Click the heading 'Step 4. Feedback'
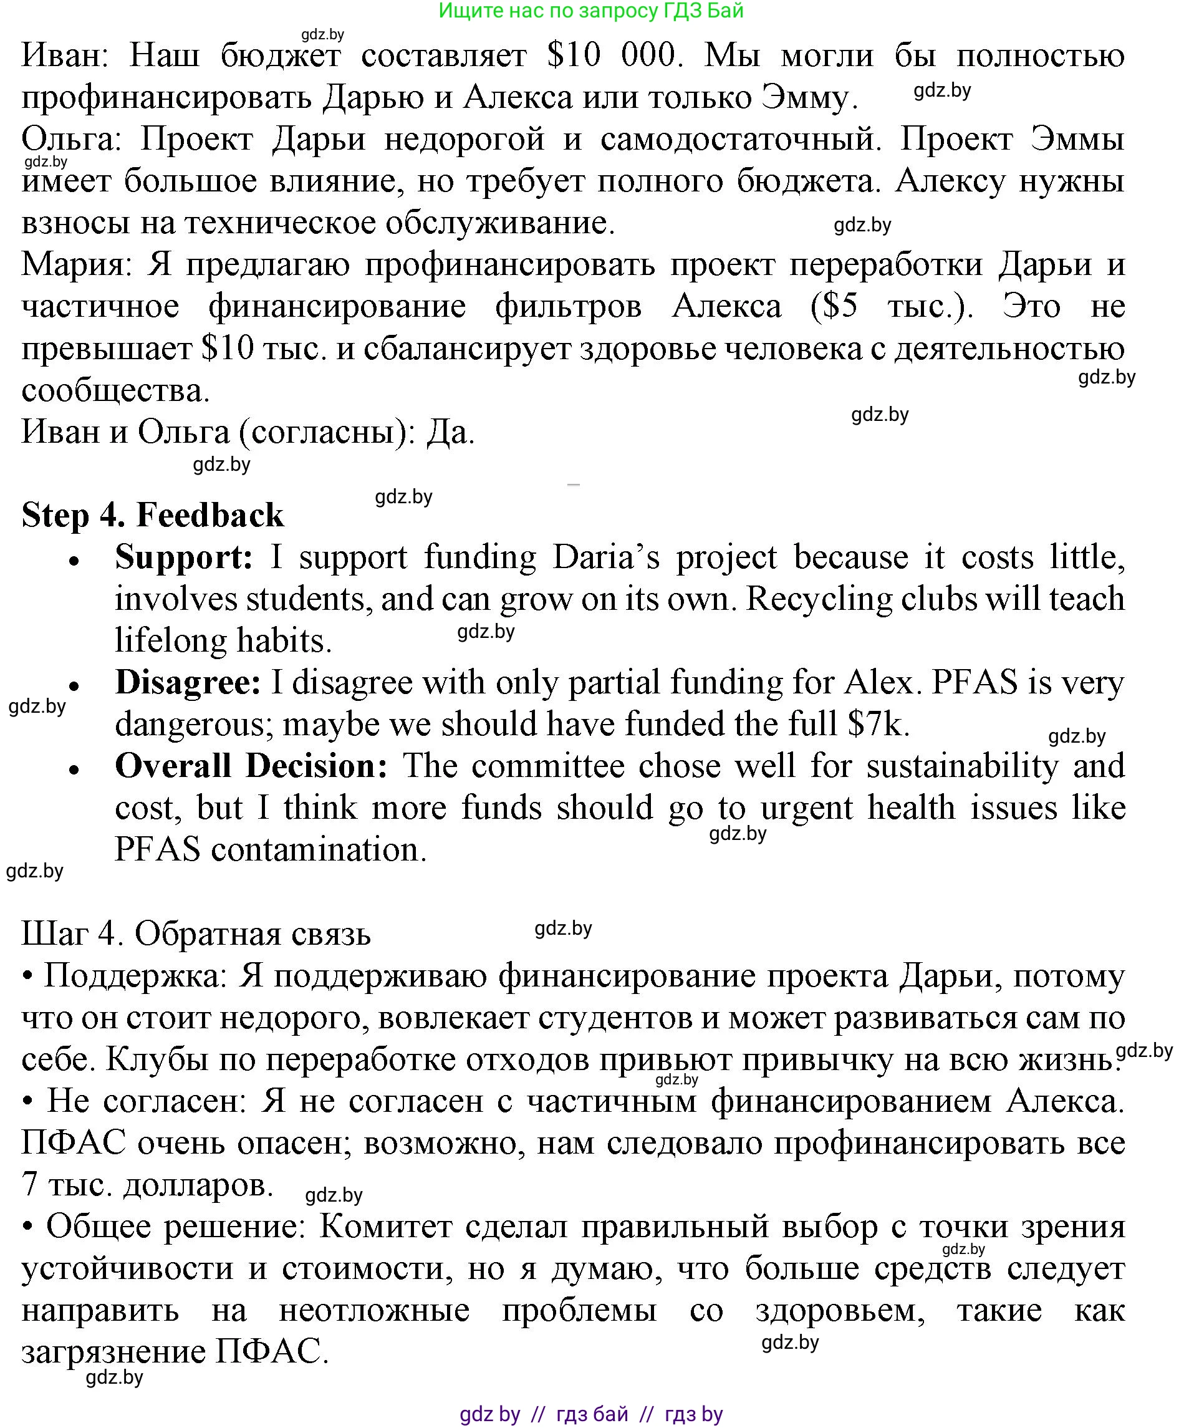152,514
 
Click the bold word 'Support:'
184,557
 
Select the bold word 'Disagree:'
188,682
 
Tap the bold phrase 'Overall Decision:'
251,766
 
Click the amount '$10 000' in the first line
613,54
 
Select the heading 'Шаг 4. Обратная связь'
196,934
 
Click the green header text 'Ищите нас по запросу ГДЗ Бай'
591,10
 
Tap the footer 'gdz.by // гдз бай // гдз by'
591,1414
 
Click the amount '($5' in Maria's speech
834,307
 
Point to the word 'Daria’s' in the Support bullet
606,557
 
